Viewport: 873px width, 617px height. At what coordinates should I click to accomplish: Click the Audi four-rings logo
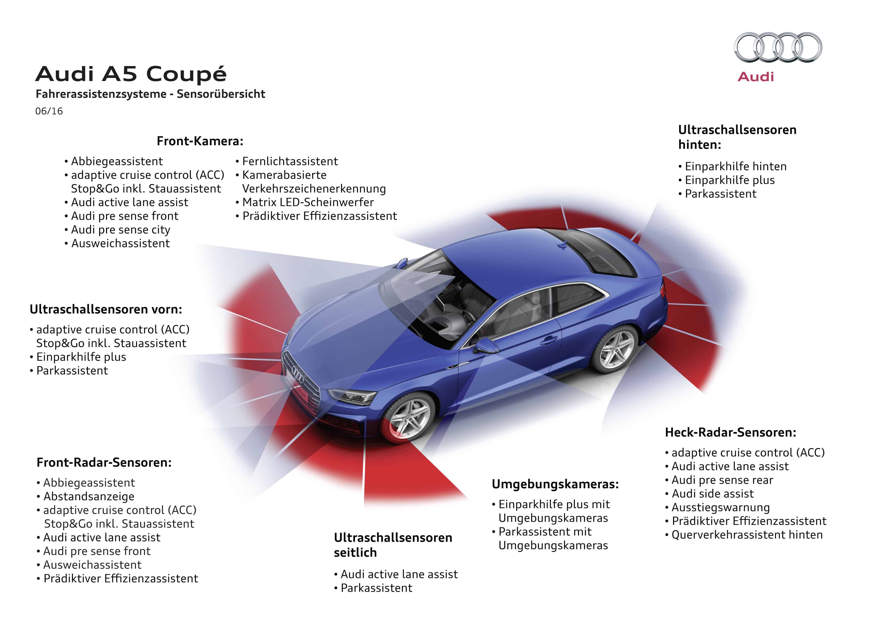click(778, 47)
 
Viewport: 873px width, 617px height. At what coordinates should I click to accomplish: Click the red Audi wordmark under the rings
click(756, 77)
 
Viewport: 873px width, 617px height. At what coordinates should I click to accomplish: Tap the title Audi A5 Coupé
click(131, 74)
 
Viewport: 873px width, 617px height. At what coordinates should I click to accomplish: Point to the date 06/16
click(49, 111)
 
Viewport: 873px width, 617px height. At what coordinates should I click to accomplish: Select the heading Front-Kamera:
click(200, 141)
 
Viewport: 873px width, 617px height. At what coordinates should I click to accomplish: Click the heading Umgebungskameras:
click(555, 484)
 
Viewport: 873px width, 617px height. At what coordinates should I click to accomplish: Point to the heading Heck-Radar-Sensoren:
click(730, 432)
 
